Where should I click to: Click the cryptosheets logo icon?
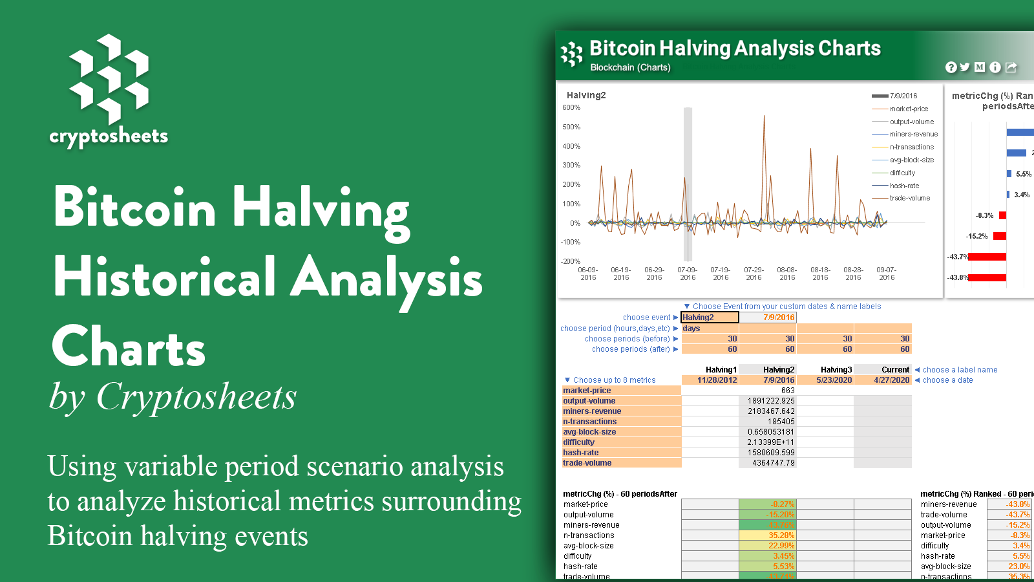click(x=109, y=79)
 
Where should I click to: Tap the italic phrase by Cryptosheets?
click(x=173, y=396)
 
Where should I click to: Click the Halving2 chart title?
click(x=586, y=95)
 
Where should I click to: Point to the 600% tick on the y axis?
click(x=571, y=108)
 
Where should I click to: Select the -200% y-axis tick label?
click(x=571, y=261)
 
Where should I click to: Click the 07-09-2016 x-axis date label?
click(x=687, y=274)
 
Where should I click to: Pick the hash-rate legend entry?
click(x=904, y=186)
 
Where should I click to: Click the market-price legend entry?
click(x=909, y=109)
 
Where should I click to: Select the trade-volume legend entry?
click(x=909, y=198)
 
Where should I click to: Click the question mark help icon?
click(x=951, y=67)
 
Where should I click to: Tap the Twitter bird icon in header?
click(x=965, y=67)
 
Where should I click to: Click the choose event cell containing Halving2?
click(x=710, y=318)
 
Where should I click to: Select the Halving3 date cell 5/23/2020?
click(x=834, y=380)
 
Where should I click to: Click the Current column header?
click(x=895, y=370)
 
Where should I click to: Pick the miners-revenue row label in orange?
click(x=592, y=411)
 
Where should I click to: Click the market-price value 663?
click(x=788, y=391)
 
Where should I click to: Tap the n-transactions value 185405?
click(x=781, y=422)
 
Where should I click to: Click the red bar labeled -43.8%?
click(x=987, y=278)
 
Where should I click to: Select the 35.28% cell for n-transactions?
click(x=781, y=535)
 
